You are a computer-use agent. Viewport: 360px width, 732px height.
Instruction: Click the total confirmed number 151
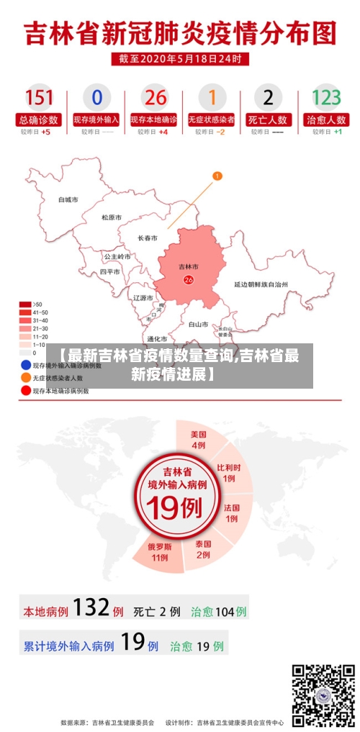point(39,96)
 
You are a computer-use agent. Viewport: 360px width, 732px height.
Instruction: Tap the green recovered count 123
point(325,96)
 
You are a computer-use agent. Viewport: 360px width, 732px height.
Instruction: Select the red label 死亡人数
point(268,119)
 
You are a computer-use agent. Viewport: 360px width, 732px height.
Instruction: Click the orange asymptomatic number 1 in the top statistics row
point(212,96)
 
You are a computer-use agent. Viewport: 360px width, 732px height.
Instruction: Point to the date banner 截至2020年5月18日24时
point(180,58)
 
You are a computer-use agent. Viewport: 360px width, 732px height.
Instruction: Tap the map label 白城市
point(68,199)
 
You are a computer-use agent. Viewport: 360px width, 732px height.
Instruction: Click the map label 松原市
point(111,217)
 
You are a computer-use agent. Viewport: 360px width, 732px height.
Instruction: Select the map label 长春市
point(148,238)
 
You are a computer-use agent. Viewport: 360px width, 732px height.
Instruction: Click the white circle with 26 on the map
point(189,279)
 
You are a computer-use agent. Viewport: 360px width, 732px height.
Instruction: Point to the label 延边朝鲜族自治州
point(261,284)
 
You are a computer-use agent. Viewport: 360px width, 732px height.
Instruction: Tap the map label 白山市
point(198,325)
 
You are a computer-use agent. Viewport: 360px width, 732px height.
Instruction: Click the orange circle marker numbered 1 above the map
point(217,176)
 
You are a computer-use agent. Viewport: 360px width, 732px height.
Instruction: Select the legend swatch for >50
point(25,304)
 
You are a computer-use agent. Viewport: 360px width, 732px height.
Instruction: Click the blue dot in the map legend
point(26,366)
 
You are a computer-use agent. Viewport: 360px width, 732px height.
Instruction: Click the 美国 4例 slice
point(199,439)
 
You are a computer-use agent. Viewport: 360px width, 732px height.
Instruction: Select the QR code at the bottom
point(323,695)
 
